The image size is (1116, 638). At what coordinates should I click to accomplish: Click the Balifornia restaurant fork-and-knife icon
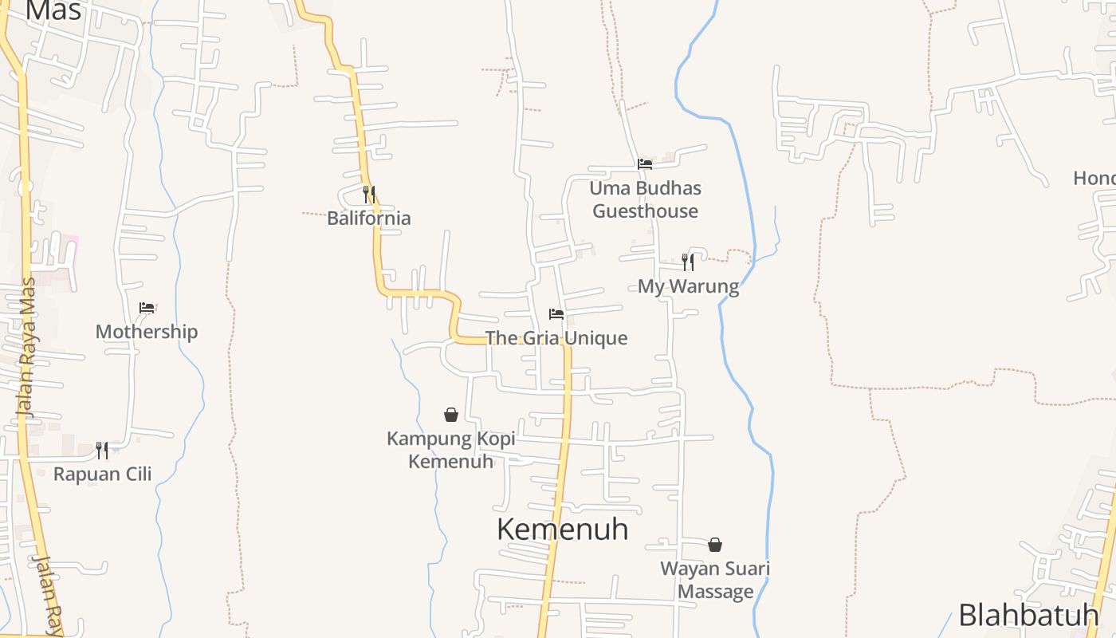tap(369, 194)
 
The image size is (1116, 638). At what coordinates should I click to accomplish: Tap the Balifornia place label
tap(369, 218)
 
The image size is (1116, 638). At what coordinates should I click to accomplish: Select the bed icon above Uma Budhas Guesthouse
tap(645, 163)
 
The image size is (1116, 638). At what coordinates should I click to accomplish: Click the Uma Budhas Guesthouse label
tap(645, 199)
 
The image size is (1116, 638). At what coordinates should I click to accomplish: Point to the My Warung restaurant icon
tap(688, 262)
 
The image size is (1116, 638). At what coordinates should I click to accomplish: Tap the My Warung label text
tap(688, 286)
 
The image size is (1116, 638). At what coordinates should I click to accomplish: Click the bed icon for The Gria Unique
tap(556, 313)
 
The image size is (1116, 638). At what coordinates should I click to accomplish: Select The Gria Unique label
tap(556, 338)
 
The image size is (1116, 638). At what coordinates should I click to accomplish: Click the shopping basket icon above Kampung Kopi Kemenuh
tap(451, 415)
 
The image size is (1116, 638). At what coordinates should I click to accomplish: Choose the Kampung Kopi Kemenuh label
tap(451, 450)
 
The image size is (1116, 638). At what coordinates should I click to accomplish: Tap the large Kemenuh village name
tap(562, 529)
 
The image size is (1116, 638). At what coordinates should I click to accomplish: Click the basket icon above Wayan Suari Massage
tap(715, 545)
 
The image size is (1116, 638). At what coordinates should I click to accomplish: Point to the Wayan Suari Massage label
tap(715, 580)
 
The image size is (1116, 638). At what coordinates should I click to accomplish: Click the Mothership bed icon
tap(147, 307)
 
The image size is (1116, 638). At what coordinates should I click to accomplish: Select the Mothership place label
tap(147, 332)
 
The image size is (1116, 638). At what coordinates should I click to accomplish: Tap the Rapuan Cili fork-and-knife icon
tap(102, 450)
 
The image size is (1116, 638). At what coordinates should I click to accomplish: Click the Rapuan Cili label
tap(102, 474)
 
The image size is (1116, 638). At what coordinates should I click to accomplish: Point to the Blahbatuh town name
tap(1028, 615)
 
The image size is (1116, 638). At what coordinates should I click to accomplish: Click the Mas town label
tap(53, 10)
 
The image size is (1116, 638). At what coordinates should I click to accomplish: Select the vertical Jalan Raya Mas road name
tap(28, 347)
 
